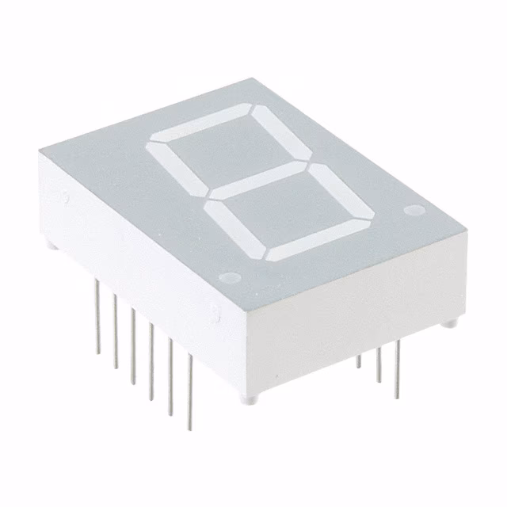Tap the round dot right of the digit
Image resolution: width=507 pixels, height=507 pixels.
click(412, 211)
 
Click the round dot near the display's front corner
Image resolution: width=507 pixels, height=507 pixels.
click(230, 278)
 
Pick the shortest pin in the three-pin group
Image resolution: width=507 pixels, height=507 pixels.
click(358, 361)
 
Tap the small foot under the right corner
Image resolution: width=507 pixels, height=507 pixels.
click(449, 323)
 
